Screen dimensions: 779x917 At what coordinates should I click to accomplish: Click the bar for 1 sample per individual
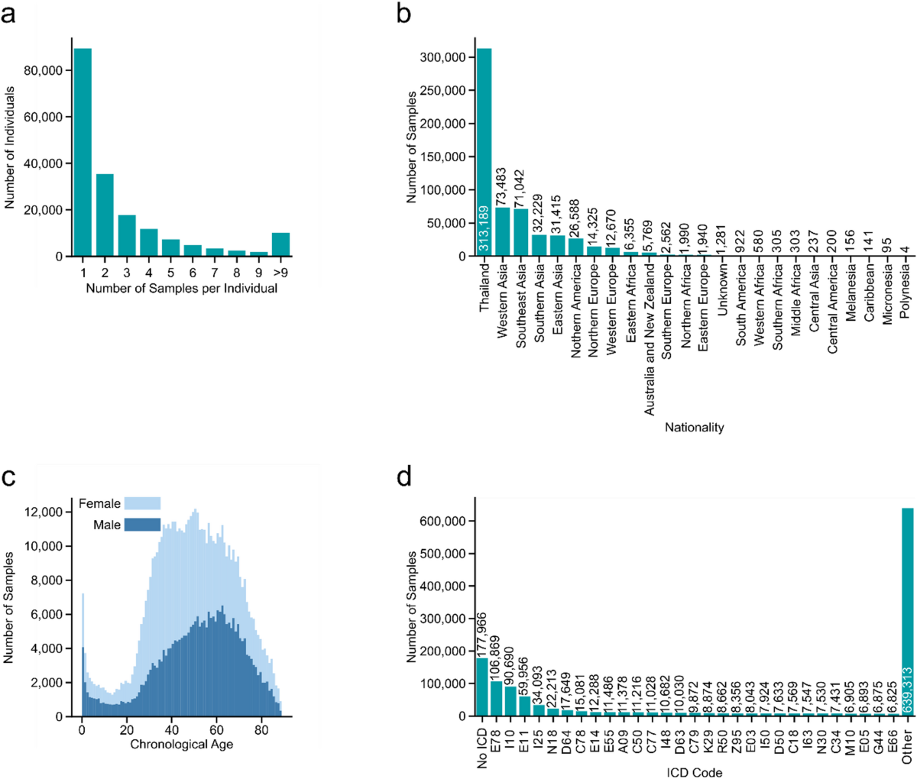point(83,153)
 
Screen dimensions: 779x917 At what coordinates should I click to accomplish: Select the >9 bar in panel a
point(280,245)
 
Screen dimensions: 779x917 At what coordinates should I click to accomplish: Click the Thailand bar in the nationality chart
point(484,153)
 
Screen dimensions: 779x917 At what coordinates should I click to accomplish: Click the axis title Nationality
point(694,428)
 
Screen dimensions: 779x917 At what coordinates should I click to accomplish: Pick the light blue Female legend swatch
point(142,503)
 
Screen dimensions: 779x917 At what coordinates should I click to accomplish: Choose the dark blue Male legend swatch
point(142,525)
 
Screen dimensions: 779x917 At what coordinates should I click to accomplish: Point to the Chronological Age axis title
point(181,745)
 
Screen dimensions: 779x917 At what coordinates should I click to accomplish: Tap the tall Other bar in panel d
point(907,611)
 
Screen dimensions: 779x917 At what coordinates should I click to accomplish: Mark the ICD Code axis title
point(694,772)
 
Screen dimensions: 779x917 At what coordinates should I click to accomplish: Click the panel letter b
point(404,15)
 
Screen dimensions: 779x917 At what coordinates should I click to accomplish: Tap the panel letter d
point(404,479)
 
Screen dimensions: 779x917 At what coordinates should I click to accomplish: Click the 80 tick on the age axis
point(261,731)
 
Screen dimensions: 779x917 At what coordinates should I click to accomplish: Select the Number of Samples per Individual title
point(181,289)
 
